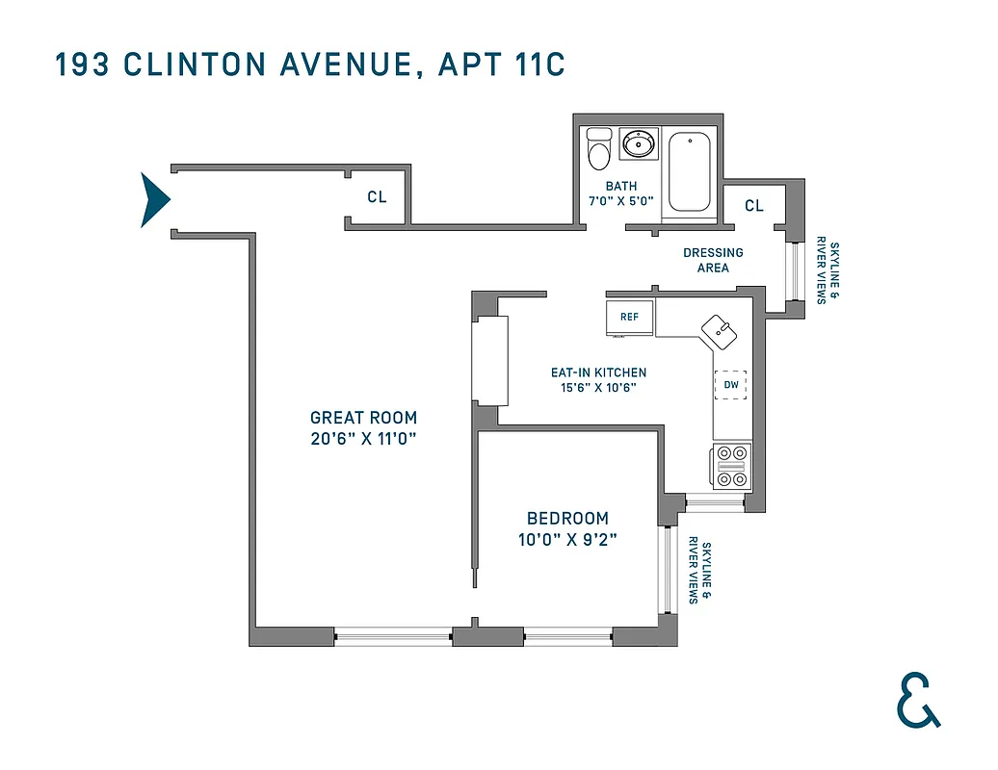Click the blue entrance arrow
[x=154, y=200]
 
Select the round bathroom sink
[x=638, y=144]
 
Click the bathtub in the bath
[x=689, y=170]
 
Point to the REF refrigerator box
[x=629, y=317]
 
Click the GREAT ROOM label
[x=363, y=418]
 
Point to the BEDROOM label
[x=567, y=518]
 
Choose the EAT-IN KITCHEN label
[x=598, y=372]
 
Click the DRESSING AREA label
[x=713, y=260]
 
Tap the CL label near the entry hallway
[x=377, y=197]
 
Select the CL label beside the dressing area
[x=753, y=205]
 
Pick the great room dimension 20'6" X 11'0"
[x=363, y=439]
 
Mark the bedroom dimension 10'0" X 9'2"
[x=567, y=539]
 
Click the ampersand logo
[x=916, y=698]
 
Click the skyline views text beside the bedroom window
[x=699, y=572]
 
